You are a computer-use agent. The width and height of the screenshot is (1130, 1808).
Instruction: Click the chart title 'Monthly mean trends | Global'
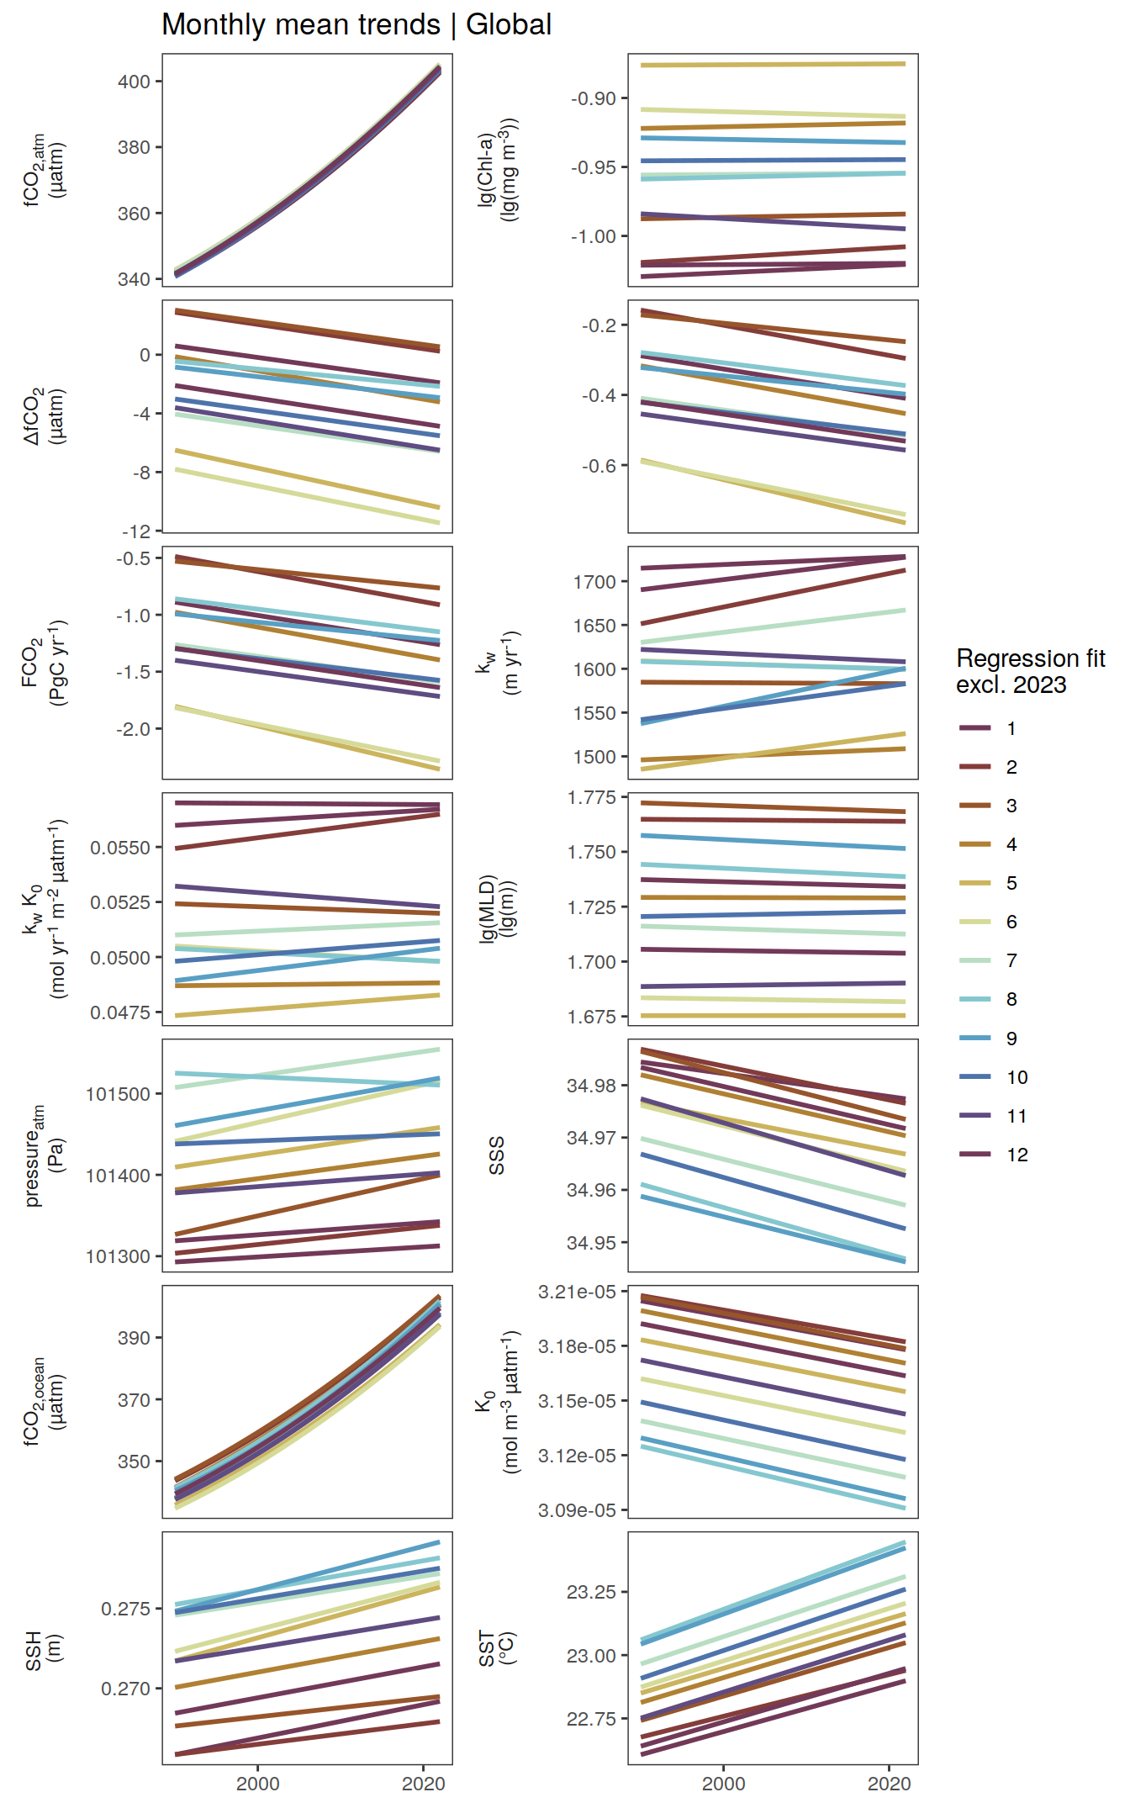(x=356, y=24)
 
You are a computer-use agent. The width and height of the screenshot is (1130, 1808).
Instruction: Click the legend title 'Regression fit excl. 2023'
(x=1030, y=671)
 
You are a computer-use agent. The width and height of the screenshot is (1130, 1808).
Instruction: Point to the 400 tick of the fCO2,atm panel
(x=135, y=82)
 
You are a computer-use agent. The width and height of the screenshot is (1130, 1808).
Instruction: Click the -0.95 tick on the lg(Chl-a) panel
(x=594, y=167)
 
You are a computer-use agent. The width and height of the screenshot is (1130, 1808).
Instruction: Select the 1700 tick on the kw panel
(x=595, y=582)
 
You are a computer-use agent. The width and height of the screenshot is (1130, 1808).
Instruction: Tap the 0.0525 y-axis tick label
(x=120, y=902)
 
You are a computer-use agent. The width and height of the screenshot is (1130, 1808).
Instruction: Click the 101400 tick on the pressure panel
(x=119, y=1176)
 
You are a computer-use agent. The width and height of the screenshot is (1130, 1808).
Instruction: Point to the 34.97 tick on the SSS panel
(x=591, y=1138)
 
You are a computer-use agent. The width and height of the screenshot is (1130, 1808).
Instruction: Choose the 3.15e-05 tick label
(x=577, y=1401)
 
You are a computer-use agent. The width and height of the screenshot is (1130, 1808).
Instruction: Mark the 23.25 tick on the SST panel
(x=591, y=1592)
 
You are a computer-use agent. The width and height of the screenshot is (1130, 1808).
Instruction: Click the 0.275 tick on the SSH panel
(x=126, y=1609)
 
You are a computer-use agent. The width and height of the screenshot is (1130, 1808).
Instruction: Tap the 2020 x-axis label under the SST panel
(x=890, y=1783)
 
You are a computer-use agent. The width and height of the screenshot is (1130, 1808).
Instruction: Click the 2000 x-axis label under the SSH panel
(x=257, y=1783)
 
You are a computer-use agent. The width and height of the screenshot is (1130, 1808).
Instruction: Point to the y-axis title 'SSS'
(x=497, y=1155)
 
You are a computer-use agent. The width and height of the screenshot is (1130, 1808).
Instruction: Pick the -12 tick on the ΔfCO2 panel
(x=136, y=531)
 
